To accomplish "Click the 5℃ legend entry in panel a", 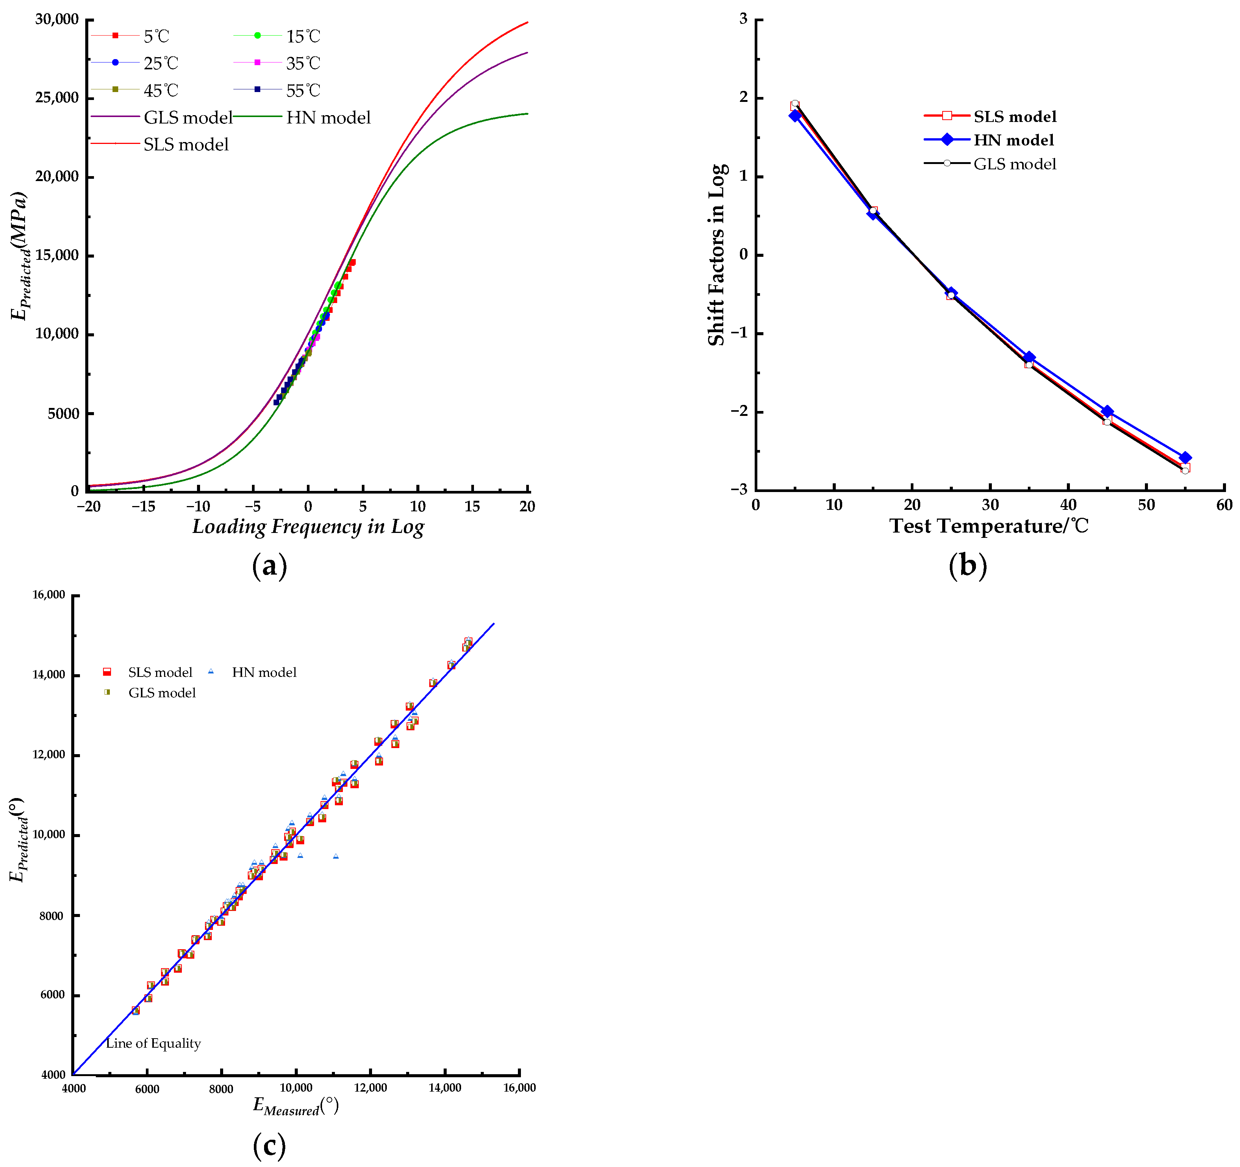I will click(x=156, y=36).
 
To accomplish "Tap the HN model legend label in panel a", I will click(x=328, y=117).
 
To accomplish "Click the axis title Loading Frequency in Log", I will click(x=308, y=527).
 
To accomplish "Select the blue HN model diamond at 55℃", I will click(x=1185, y=458).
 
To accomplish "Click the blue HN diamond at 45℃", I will click(x=1107, y=412).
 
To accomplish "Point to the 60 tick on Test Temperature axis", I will click(x=1224, y=505).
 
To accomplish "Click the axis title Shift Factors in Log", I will click(x=717, y=255).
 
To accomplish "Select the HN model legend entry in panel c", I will click(x=264, y=672).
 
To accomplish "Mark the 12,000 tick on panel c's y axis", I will click(x=48, y=755).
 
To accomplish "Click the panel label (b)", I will click(x=968, y=566).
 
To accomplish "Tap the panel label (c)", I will click(x=269, y=1145).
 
